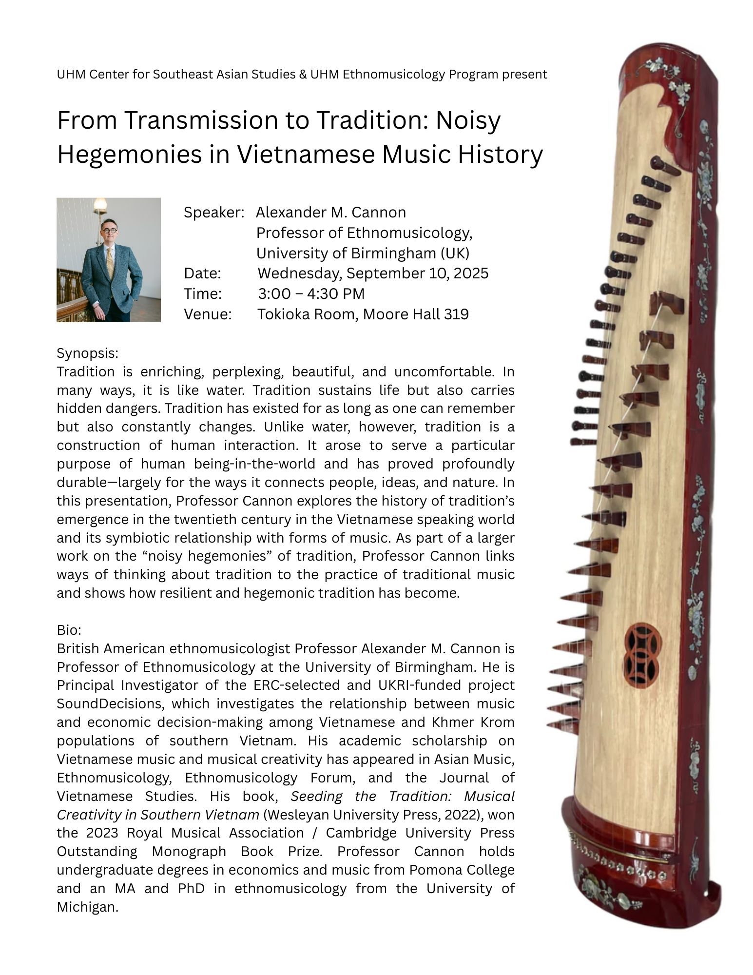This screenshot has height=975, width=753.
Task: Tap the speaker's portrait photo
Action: (x=108, y=259)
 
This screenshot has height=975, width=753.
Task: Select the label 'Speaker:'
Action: (x=213, y=213)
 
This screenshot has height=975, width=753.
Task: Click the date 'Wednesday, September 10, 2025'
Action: (x=372, y=273)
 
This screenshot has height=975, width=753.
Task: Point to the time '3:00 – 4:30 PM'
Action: (x=311, y=293)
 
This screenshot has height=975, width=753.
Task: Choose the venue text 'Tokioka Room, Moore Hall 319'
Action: (x=363, y=314)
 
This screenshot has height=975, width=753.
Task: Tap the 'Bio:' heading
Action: (x=69, y=630)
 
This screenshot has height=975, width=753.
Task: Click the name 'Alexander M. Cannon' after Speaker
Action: (x=331, y=213)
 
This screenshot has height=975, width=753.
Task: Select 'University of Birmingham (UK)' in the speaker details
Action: (x=363, y=253)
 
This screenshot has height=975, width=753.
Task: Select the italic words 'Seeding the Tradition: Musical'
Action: (x=403, y=796)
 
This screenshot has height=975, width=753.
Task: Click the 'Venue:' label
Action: (x=207, y=314)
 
